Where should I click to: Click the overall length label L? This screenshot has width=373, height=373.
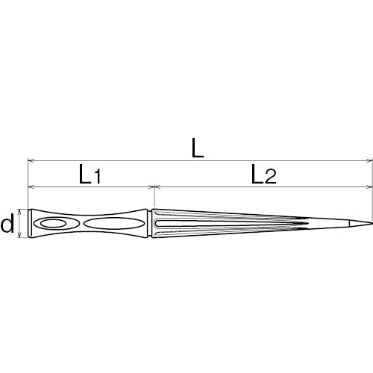(196, 147)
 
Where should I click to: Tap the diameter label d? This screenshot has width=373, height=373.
(9, 224)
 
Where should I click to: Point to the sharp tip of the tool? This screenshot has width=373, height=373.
(370, 223)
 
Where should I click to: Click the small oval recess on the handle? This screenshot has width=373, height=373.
(54, 224)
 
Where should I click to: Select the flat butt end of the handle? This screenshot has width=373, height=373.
(28, 224)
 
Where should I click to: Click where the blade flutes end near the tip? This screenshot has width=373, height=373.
(307, 223)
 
